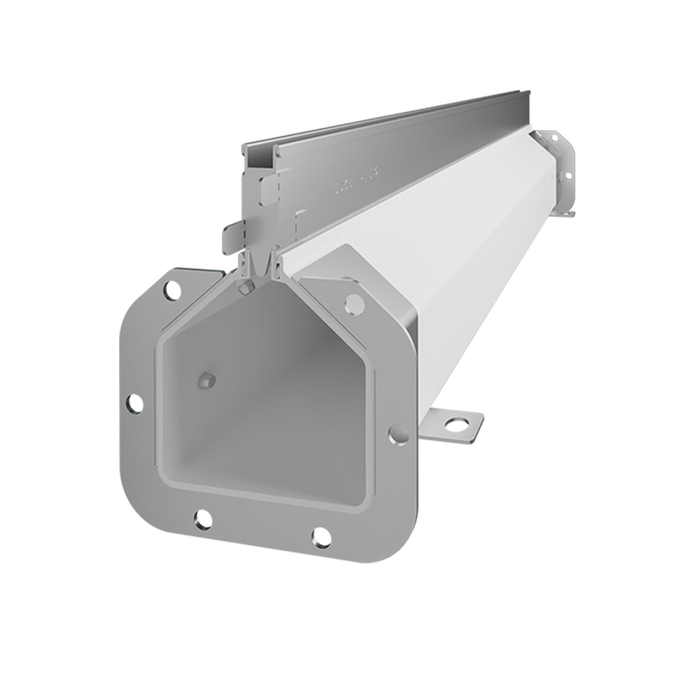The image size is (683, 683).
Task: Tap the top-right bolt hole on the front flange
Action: point(353,301)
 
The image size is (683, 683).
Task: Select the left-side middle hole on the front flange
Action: point(137,402)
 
